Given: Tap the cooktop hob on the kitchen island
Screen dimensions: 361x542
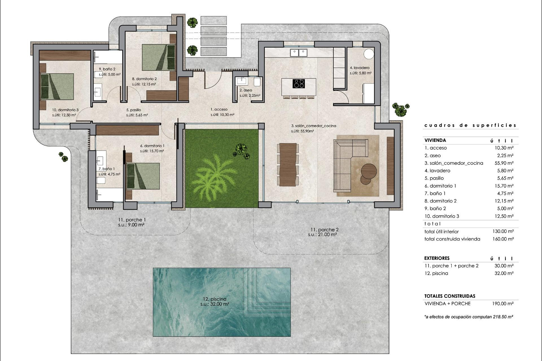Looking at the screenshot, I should click(x=299, y=83).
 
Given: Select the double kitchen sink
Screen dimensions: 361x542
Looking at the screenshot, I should click(x=299, y=52).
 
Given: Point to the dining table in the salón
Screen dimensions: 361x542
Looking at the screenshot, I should click(x=288, y=165).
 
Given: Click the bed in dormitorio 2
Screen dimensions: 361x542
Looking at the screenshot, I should click(x=158, y=57).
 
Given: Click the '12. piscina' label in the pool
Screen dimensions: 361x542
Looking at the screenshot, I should click(x=215, y=299).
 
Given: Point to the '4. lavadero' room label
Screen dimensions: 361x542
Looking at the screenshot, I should click(x=360, y=68).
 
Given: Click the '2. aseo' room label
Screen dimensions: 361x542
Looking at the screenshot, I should click(x=246, y=90).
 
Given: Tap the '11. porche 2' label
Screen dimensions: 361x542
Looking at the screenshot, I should click(x=324, y=230).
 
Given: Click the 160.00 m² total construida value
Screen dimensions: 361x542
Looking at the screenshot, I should click(x=503, y=239).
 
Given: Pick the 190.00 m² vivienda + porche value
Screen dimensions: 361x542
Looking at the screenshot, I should click(x=503, y=303).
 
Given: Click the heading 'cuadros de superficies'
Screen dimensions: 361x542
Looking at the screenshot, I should click(x=470, y=126).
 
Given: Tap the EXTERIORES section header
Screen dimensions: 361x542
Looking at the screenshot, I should click(x=437, y=258).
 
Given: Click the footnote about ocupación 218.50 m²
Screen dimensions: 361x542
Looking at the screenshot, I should click(x=469, y=317).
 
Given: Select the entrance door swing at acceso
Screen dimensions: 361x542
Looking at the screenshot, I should click(x=211, y=80).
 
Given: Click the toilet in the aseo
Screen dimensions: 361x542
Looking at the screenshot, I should click(x=257, y=82).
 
